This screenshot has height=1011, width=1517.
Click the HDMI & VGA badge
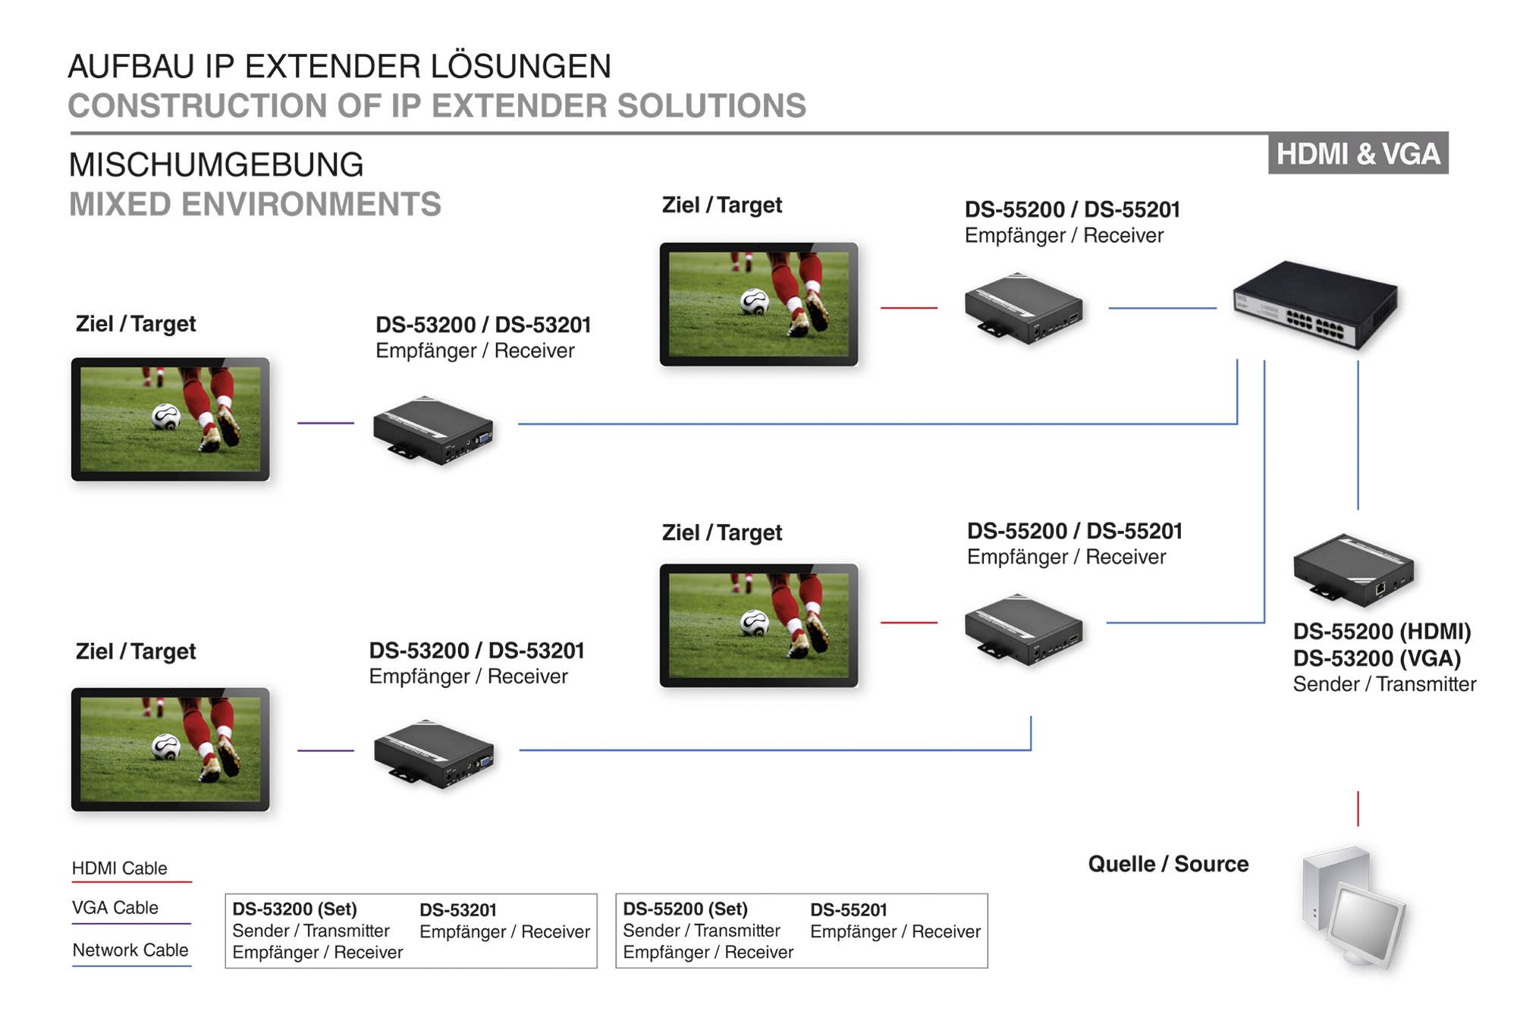coord(1358,153)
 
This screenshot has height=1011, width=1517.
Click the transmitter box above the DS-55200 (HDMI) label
coord(1353,570)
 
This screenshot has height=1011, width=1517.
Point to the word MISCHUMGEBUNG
coord(216,165)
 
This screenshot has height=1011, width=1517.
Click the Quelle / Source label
coord(1168,864)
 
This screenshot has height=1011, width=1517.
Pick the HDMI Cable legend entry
coord(120,868)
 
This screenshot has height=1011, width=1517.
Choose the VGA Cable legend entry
coord(115,908)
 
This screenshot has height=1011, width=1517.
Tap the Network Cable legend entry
coord(130,950)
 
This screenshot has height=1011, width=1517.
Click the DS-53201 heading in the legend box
coord(458,910)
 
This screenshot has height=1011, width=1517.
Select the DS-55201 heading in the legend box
coord(849,910)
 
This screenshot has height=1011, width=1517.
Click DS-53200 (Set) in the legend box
coord(294,909)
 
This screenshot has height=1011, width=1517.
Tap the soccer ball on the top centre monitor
coord(755,302)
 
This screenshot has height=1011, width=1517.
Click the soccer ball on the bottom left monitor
coord(166,747)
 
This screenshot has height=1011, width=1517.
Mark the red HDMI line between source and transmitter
coord(1358,808)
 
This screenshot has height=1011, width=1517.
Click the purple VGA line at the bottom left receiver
coord(325,750)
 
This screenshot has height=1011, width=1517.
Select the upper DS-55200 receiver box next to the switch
coord(1023,308)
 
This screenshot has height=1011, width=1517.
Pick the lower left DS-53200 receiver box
coord(434,754)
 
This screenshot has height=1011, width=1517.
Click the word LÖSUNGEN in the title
coord(521,67)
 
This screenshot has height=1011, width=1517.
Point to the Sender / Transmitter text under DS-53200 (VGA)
coord(1384,684)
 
